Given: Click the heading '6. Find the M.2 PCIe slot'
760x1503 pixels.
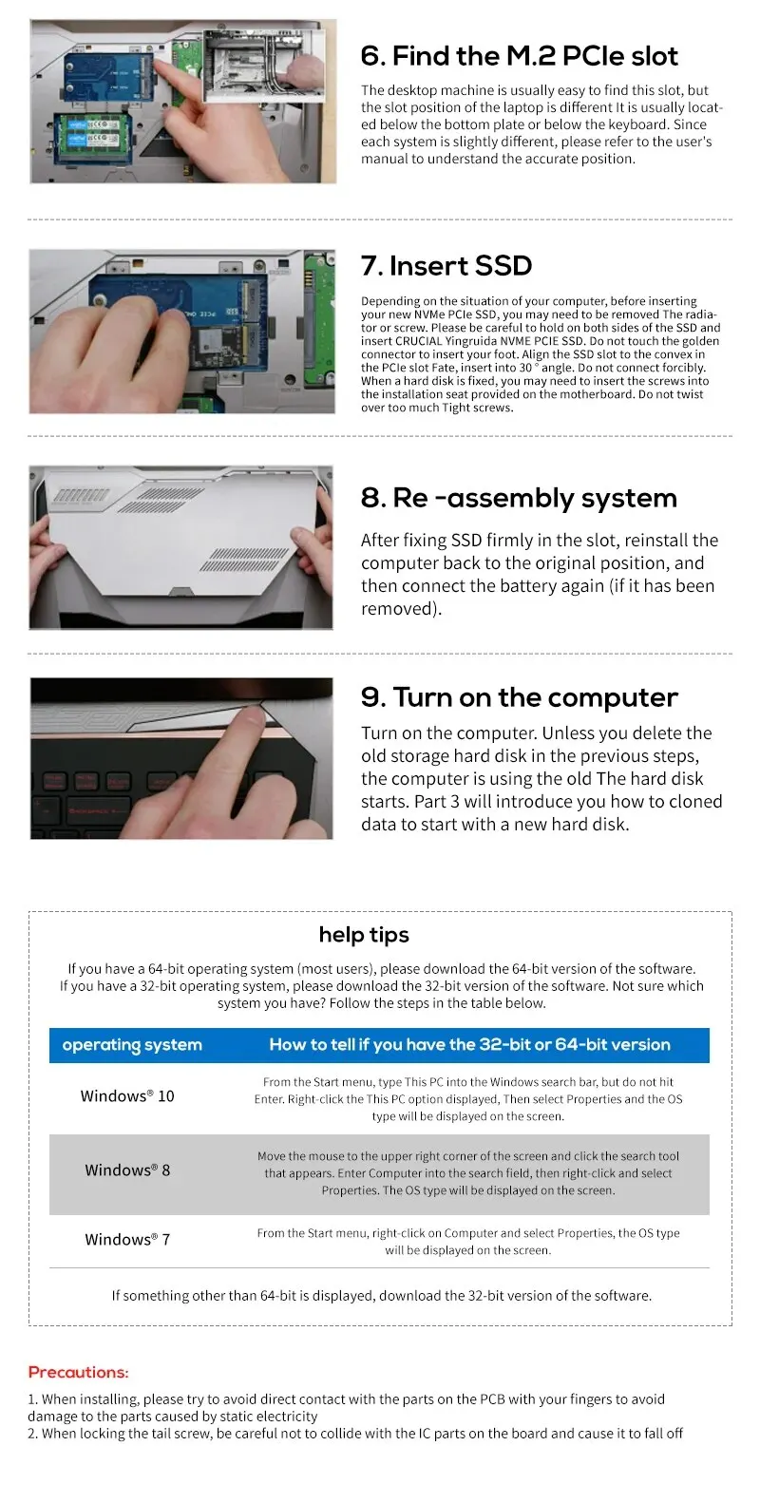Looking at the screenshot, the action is (x=519, y=56).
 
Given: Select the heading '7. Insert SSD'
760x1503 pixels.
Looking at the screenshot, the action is (x=446, y=266).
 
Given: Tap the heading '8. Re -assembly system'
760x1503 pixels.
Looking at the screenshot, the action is (x=519, y=498).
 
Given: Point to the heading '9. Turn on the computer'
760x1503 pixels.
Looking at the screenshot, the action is (x=520, y=697).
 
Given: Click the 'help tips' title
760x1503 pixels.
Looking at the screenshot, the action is (x=364, y=935).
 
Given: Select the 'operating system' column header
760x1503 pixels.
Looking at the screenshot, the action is (x=132, y=1045).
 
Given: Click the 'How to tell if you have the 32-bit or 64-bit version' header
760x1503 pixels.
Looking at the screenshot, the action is (x=469, y=1045).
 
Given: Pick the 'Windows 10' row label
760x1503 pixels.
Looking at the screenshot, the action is (x=127, y=1095).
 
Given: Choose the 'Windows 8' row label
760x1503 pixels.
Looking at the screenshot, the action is (x=127, y=1170).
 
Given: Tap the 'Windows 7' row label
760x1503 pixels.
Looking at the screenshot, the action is (x=127, y=1239).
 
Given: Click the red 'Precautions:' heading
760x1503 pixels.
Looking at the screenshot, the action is (x=78, y=1372).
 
